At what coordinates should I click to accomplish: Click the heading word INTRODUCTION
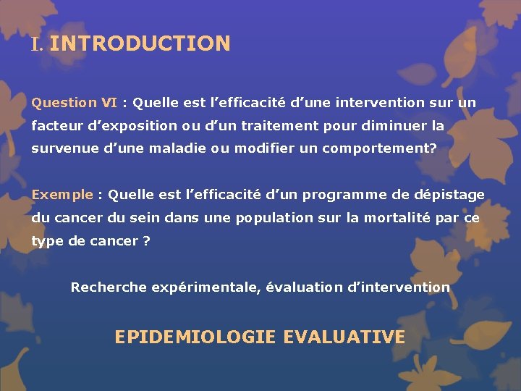point(140,43)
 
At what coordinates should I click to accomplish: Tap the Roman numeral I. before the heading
point(38,44)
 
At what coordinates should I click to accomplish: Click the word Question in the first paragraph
point(64,103)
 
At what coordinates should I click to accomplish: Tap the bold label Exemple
point(62,195)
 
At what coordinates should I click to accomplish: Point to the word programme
point(342,195)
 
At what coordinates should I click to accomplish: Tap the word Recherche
point(109,287)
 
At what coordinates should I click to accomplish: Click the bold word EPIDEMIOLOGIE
point(195,337)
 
